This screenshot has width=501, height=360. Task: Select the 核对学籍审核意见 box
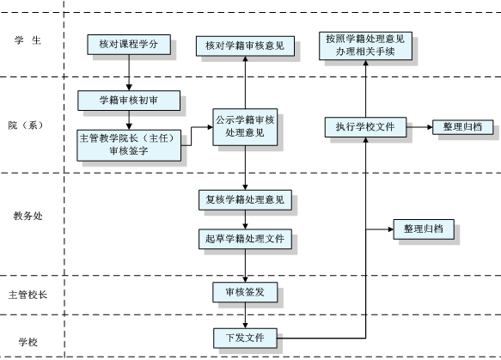(x=245, y=46)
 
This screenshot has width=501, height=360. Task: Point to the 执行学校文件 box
(x=365, y=127)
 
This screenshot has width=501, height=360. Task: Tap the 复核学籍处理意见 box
(x=245, y=201)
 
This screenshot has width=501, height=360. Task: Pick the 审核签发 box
(x=245, y=293)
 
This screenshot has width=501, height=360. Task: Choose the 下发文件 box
(x=245, y=336)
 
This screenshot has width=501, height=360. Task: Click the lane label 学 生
(x=27, y=41)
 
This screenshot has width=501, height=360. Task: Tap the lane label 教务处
(x=27, y=216)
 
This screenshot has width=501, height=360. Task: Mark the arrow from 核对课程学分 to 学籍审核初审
(x=128, y=72)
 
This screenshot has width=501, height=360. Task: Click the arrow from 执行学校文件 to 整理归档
(x=419, y=127)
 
